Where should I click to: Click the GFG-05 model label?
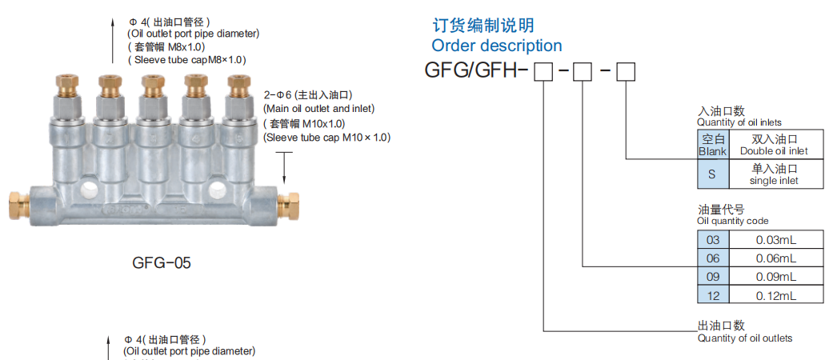161,262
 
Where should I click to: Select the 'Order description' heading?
496,46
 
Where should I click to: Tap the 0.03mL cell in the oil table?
775,239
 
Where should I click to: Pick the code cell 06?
713,258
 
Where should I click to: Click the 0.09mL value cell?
775,276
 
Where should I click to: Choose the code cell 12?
713,294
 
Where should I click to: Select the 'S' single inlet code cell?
712,174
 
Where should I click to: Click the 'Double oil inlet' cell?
774,146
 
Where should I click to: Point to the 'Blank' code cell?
712,146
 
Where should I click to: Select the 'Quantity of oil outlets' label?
744,338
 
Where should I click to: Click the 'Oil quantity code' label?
733,221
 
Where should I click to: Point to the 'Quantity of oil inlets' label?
739,122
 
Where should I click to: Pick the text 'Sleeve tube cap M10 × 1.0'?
326,138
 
